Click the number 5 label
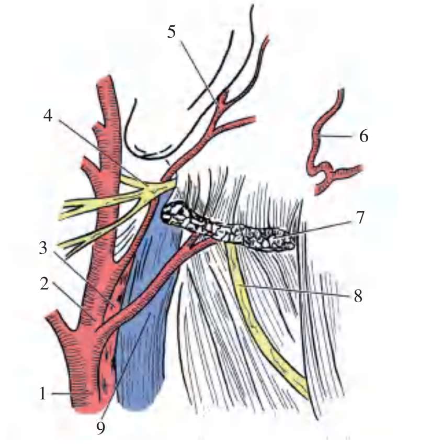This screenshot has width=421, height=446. click(x=172, y=32)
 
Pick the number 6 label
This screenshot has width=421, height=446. click(x=364, y=137)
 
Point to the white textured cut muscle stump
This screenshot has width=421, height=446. click(x=225, y=228)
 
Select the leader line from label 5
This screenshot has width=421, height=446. click(x=199, y=68)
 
